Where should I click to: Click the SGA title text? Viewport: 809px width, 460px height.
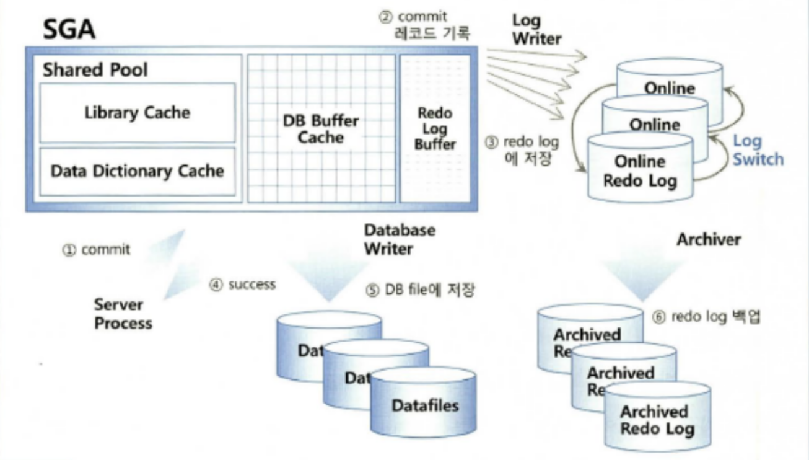pos(69,29)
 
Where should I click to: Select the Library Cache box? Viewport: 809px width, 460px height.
pos(137,113)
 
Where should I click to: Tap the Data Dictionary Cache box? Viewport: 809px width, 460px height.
pos(137,171)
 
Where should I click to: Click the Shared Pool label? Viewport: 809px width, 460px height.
pos(95,70)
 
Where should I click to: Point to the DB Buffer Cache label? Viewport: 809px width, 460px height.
pos(320,129)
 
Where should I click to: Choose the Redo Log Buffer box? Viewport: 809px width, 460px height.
pos(435,129)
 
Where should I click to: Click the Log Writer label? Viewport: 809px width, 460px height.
pos(536,30)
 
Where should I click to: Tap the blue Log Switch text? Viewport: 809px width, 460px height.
pos(758,150)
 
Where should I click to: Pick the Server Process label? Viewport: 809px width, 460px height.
pos(123,314)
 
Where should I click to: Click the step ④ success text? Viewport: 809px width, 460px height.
pos(242,285)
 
